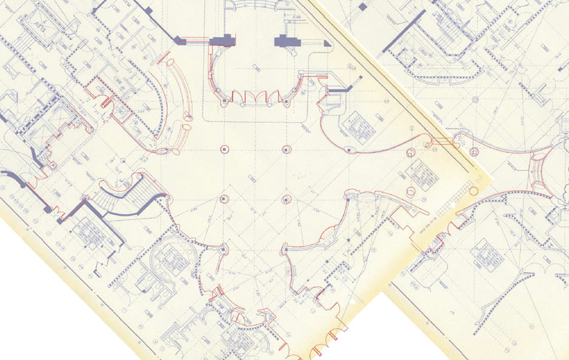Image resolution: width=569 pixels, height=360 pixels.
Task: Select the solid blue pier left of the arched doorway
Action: pyautogui.click(x=221, y=40)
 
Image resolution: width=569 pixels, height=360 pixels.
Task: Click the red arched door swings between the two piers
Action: pyautogui.click(x=255, y=97)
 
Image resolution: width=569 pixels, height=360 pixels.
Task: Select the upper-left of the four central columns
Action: pyautogui.click(x=224, y=149)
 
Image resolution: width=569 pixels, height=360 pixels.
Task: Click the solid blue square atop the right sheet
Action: pyautogui.click(x=362, y=7)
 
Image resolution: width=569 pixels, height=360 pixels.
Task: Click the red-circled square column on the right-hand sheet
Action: pyautogui.click(x=411, y=192)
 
